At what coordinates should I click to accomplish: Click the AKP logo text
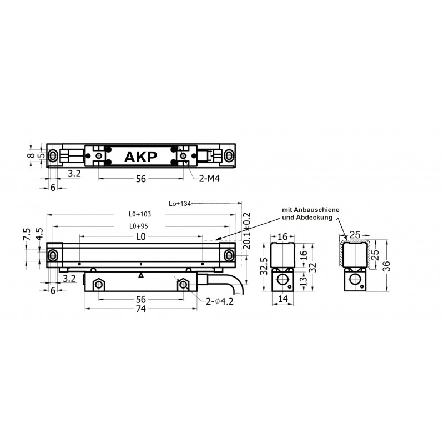(140, 157)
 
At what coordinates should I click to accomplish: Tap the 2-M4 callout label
(209, 178)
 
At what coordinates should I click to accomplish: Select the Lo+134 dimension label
(179, 204)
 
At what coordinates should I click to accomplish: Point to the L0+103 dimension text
(140, 214)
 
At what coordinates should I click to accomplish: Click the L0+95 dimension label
(138, 226)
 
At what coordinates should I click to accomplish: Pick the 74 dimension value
(141, 309)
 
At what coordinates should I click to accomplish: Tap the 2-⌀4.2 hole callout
(220, 301)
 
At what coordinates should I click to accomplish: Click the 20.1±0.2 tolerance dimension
(246, 231)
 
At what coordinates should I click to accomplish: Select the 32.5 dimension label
(264, 266)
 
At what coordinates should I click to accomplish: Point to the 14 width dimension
(283, 299)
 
